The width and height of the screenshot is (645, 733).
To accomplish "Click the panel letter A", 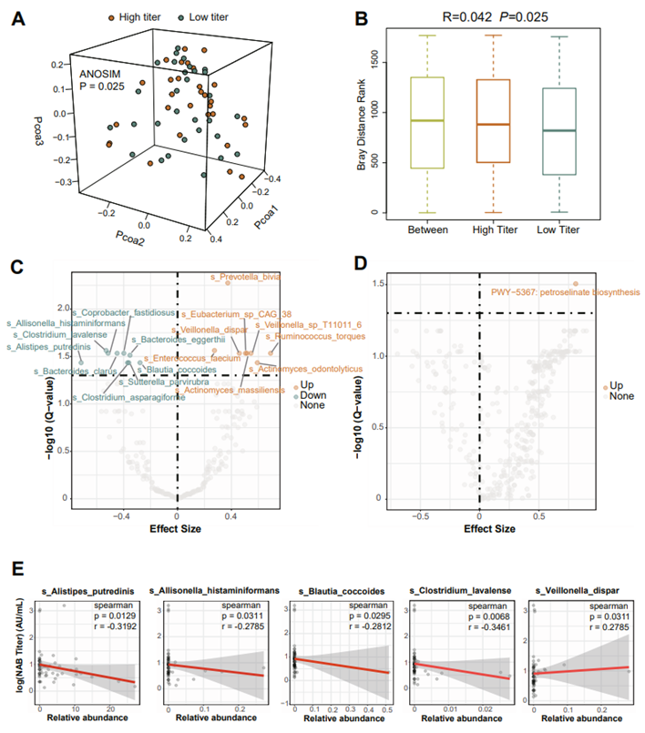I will [x=15, y=17].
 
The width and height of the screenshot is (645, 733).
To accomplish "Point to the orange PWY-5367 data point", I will [x=576, y=283].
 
